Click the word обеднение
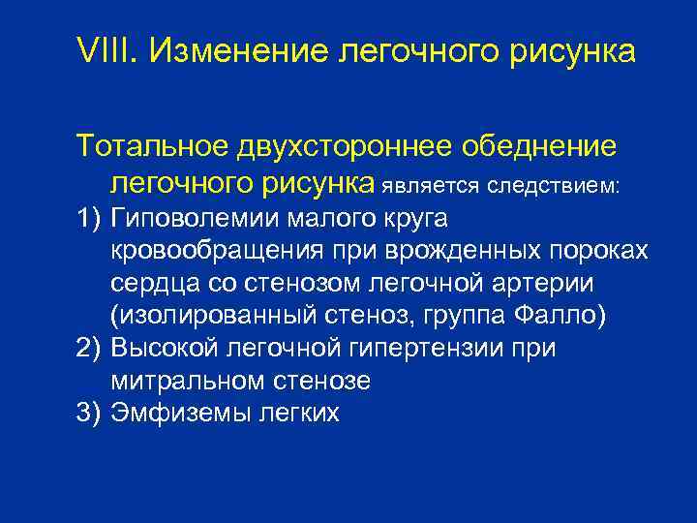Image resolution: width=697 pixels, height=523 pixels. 541,147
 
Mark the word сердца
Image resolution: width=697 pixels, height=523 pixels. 159,283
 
